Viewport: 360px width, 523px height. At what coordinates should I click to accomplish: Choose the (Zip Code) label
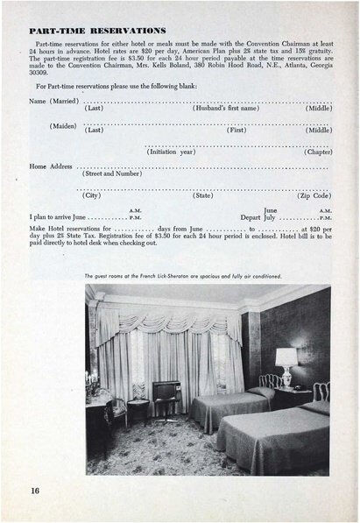pos(314,195)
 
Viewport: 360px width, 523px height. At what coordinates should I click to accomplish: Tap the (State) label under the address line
pos(203,195)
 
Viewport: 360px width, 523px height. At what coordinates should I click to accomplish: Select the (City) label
pos(92,195)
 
